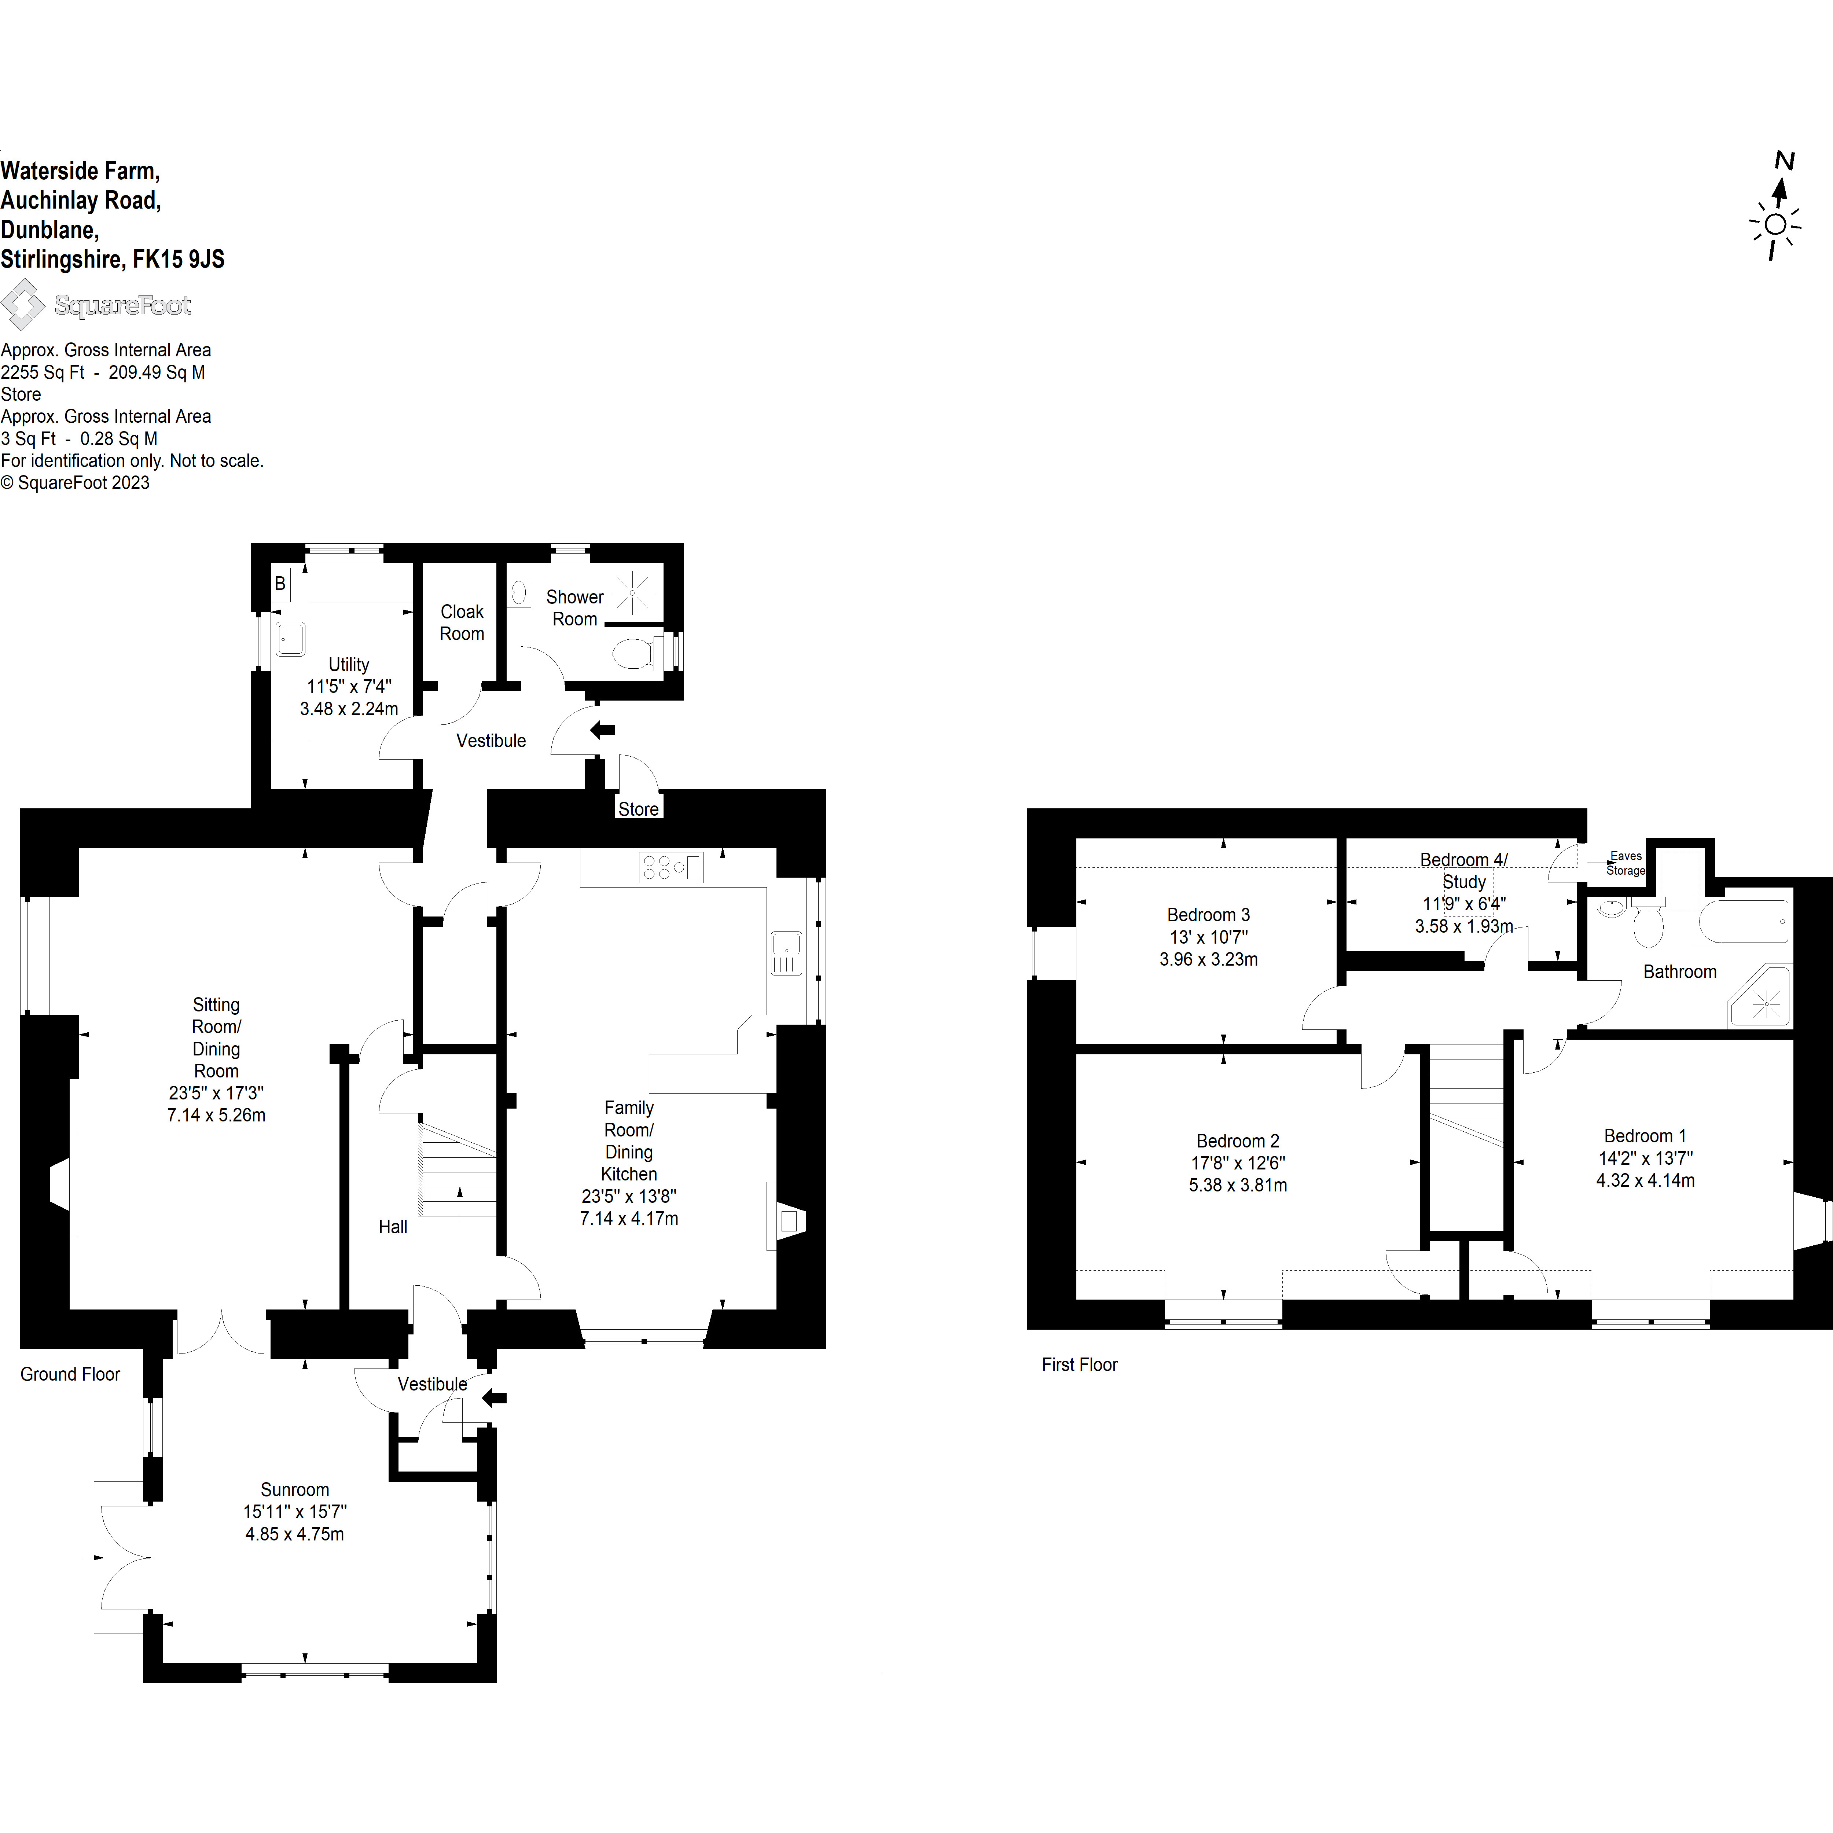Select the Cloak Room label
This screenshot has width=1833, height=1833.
click(462, 622)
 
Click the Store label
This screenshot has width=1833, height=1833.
click(639, 809)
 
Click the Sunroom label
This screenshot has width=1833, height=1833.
click(295, 1489)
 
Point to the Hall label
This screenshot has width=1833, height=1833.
click(393, 1227)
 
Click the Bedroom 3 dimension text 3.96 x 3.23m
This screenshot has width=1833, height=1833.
click(1209, 959)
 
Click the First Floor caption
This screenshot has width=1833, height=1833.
click(1080, 1364)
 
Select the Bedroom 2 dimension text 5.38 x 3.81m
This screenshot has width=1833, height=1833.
click(1238, 1185)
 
